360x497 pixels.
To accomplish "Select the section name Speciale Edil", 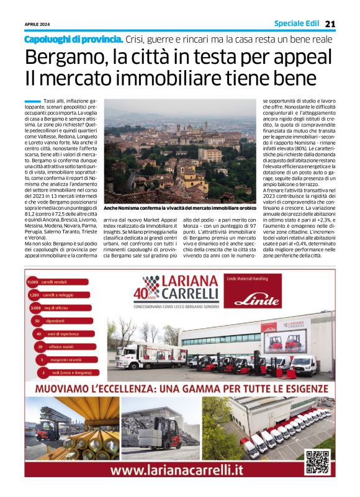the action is pos(297,24).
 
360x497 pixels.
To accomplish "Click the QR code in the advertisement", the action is pos(317,460).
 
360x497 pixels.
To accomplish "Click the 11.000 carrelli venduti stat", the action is pos(56,282).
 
